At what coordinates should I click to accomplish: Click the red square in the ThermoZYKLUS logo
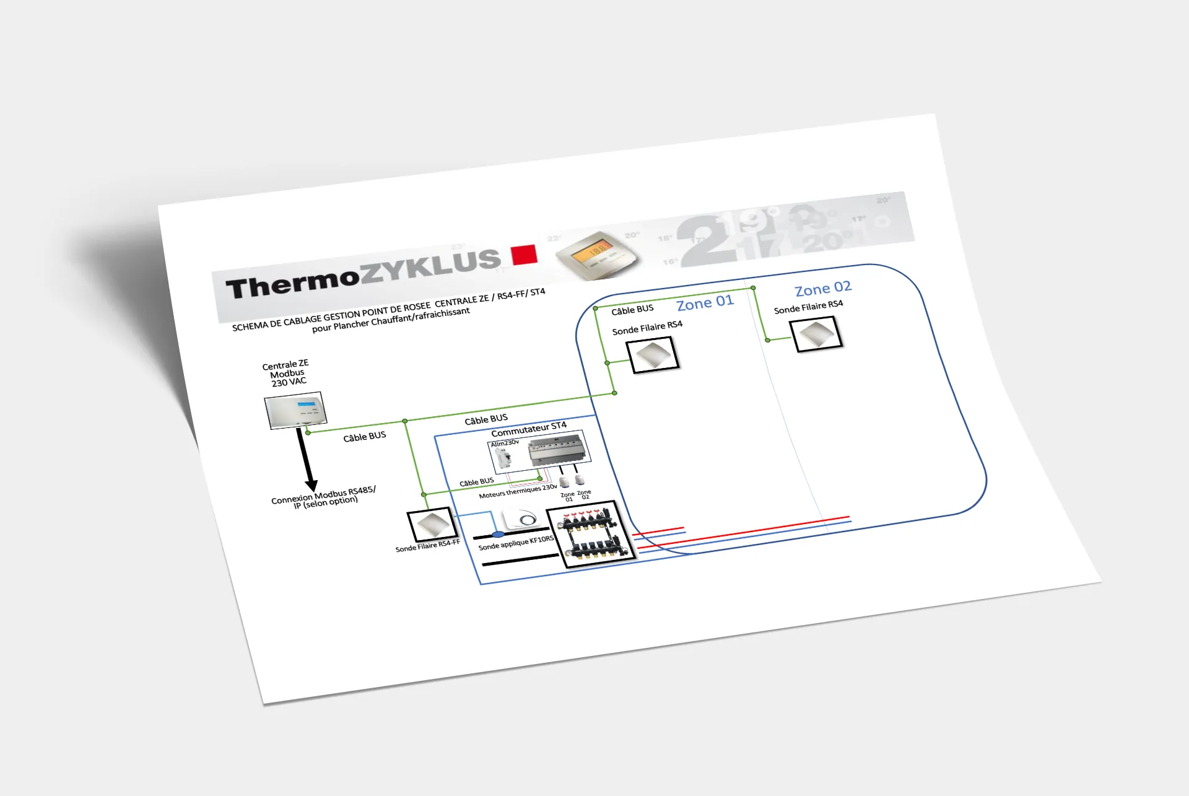tap(524, 255)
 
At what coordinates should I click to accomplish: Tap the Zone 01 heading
tap(705, 303)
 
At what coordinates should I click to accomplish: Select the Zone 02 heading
tap(823, 288)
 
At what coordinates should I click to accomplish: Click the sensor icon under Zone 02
tap(817, 334)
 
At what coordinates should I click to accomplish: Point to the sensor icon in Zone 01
tap(655, 355)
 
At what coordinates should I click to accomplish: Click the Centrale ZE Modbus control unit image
tap(295, 409)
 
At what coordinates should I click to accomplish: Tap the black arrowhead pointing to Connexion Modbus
tap(311, 485)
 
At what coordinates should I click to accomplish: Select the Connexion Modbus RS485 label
tap(323, 496)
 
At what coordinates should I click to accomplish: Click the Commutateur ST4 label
tap(529, 429)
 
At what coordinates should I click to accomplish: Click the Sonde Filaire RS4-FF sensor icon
tap(432, 525)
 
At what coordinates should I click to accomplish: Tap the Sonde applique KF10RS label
tap(516, 543)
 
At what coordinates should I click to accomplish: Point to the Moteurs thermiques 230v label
tap(518, 491)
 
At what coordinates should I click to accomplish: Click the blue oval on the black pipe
tap(498, 534)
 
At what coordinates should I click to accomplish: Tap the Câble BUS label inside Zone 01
tap(632, 310)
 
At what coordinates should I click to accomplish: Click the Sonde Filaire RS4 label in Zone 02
tap(808, 307)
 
